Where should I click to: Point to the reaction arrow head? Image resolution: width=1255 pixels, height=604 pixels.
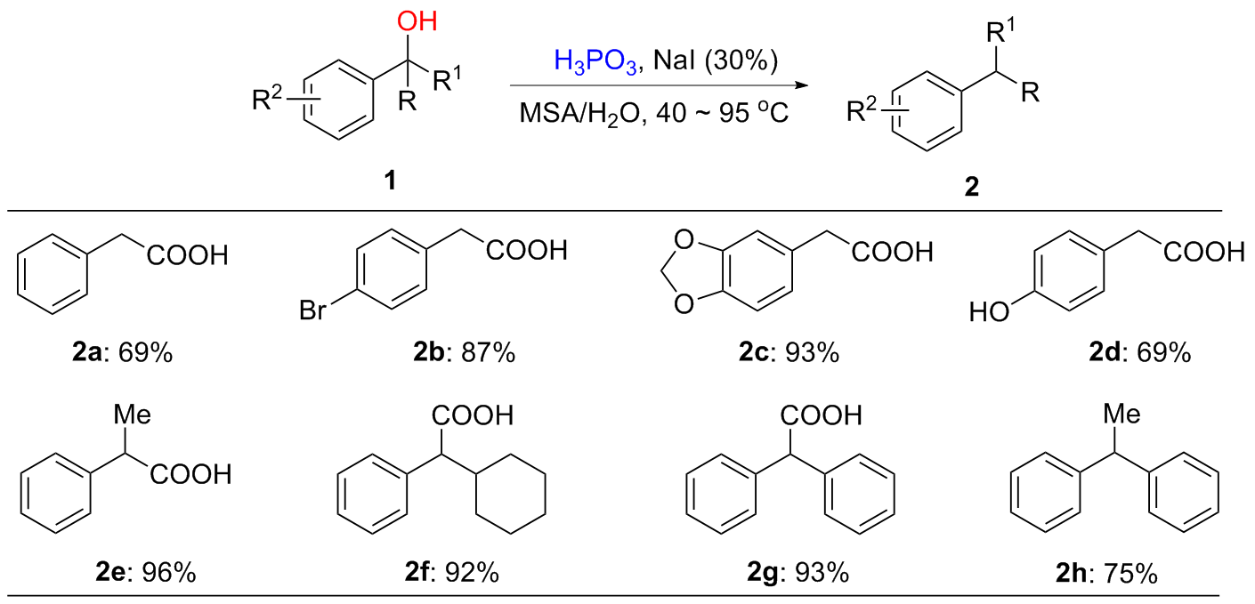pos(784,86)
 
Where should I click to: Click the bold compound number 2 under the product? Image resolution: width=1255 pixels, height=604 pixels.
pos(971,189)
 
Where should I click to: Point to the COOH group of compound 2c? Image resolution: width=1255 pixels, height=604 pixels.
pos(892,253)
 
